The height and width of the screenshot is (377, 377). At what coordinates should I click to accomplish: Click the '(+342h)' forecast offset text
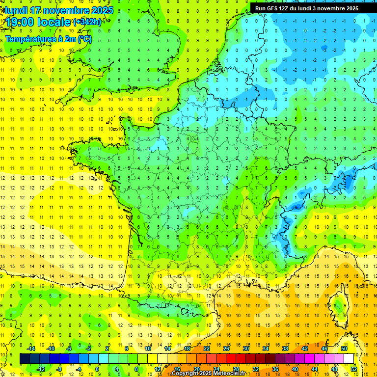point(87,22)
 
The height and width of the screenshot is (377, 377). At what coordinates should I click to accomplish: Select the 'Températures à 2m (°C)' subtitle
point(48,39)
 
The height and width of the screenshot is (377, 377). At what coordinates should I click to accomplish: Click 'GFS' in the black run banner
point(273,8)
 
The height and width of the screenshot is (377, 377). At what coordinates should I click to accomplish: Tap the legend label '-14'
point(32,348)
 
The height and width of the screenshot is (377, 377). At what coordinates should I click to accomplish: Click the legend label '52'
point(353,369)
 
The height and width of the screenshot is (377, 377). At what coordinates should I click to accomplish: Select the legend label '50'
point(344,348)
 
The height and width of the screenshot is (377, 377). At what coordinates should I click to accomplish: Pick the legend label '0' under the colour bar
point(97,369)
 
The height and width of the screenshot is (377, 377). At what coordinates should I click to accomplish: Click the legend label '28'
point(236,369)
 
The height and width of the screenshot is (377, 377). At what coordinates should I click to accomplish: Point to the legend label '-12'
point(42,369)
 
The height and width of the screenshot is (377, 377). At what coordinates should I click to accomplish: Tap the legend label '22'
point(207,348)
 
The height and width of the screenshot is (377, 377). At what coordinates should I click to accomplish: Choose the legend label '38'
point(285,348)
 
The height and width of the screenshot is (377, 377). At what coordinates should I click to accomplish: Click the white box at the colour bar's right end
point(349,359)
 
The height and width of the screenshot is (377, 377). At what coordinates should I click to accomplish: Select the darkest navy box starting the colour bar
point(25,359)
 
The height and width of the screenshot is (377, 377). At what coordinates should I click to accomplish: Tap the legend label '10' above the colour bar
point(148,348)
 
